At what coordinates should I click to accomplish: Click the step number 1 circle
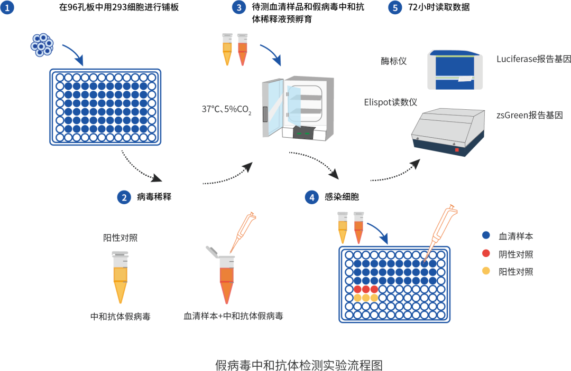(7, 8)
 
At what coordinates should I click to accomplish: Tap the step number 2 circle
(124, 197)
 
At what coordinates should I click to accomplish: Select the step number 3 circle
(240, 8)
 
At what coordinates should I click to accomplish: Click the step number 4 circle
(312, 197)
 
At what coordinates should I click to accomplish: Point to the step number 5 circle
(395, 8)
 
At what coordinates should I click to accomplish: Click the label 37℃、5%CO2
(226, 110)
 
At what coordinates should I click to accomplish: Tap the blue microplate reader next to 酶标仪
(455, 69)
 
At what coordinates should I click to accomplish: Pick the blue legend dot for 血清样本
(486, 236)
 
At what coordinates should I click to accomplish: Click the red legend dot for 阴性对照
(486, 254)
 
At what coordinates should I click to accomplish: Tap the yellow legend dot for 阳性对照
(486, 272)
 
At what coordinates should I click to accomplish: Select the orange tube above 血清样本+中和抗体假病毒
(227, 277)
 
